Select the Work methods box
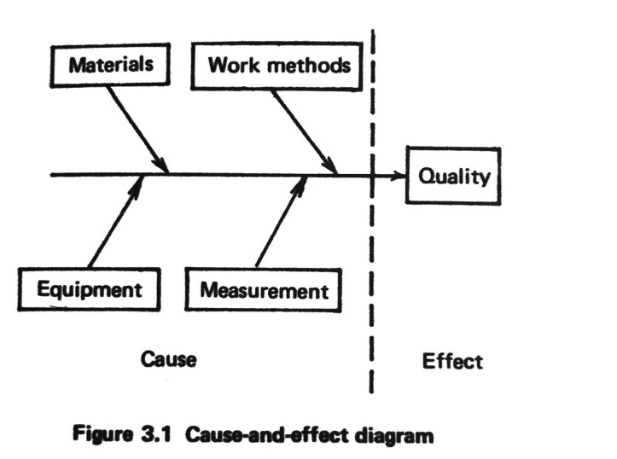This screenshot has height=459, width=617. click(x=278, y=65)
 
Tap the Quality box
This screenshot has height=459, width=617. click(x=453, y=176)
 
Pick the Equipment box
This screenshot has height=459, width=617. click(x=89, y=288)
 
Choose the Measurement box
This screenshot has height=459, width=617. click(x=264, y=290)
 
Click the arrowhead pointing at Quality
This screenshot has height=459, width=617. click(x=398, y=176)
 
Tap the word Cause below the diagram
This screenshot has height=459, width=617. click(x=169, y=359)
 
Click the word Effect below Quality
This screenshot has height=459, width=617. click(x=452, y=361)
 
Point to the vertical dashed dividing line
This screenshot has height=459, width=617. click(x=372, y=256)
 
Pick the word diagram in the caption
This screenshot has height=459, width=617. click(x=400, y=436)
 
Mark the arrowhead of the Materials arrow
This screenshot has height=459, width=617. click(x=161, y=165)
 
